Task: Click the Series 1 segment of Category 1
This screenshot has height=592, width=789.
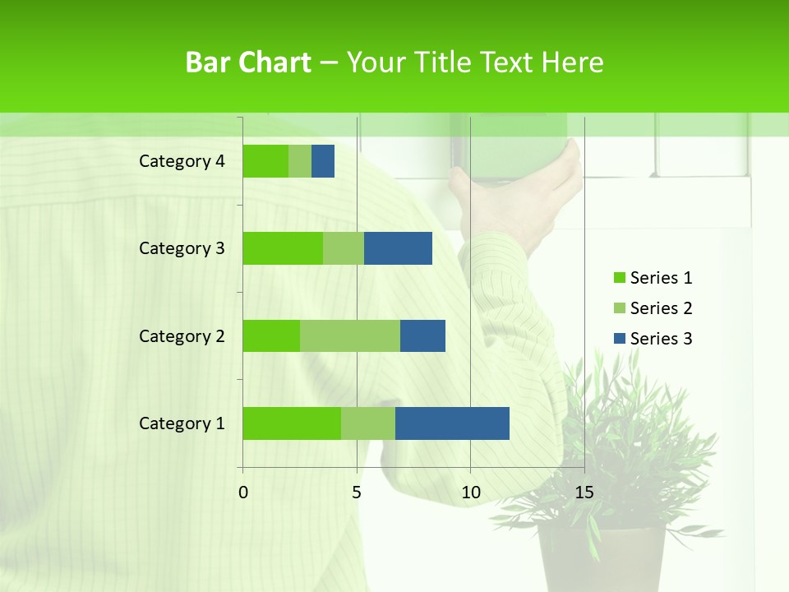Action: coord(292,423)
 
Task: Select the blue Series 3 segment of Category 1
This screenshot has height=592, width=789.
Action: coord(452,423)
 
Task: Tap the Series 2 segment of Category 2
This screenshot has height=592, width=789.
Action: coord(350,335)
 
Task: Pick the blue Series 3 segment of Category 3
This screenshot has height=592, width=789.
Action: coord(398,248)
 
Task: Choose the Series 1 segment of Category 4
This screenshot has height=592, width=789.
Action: coord(265,161)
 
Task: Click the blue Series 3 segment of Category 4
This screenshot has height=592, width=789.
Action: coord(323,161)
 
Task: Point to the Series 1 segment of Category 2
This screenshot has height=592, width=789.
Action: coord(271,335)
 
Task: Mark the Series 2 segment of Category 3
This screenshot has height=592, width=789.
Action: coord(344,248)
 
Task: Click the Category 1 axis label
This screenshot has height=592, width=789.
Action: coord(182,423)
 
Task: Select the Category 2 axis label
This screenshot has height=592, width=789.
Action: coord(182,336)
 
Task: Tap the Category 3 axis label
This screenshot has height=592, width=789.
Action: coord(182,248)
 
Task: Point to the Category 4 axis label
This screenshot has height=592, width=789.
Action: coord(182,161)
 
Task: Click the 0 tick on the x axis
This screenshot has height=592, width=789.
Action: coord(243,493)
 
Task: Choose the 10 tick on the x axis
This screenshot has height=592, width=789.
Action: coord(470,493)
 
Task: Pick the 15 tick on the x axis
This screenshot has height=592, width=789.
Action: coord(584,493)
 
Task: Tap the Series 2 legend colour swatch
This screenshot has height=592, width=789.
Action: coord(619,308)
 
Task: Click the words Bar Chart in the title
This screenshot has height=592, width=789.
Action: coord(248,62)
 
